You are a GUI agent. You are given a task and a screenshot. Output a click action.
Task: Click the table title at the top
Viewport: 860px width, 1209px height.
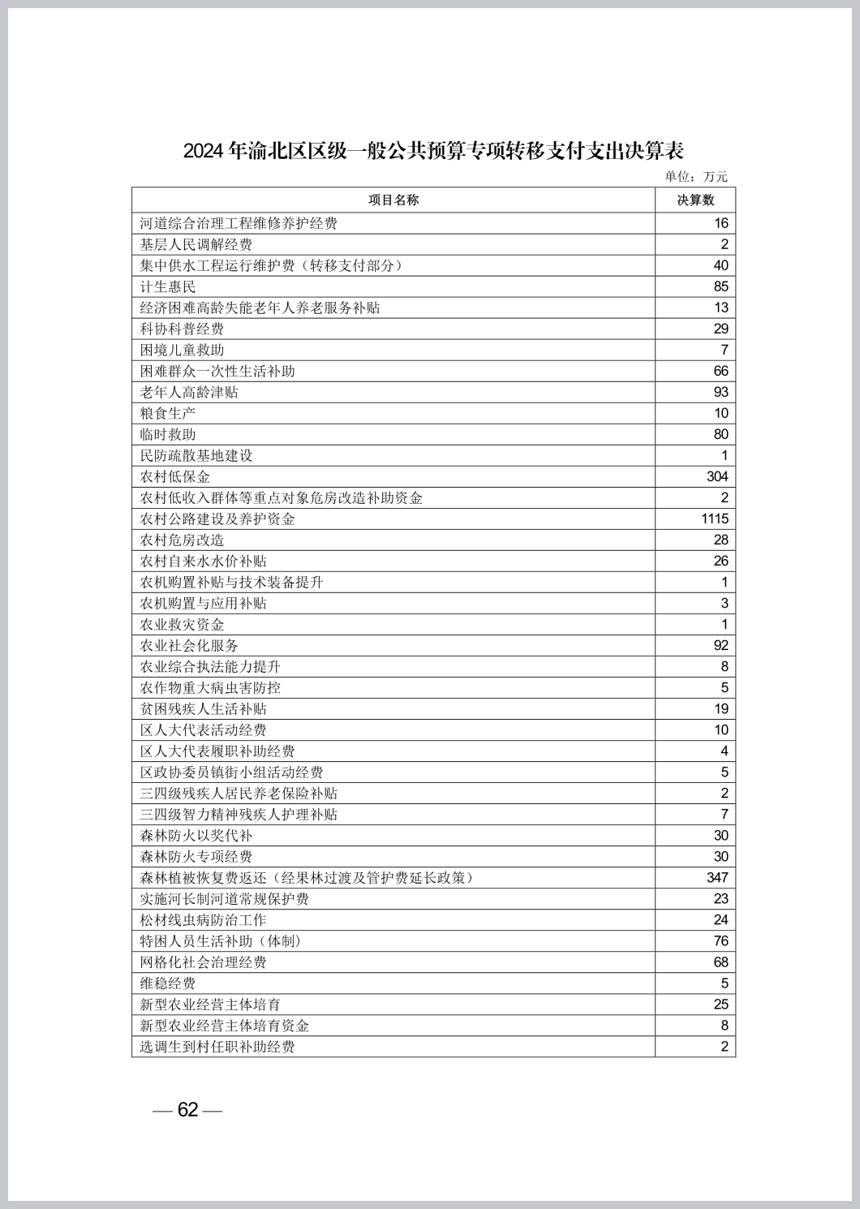click(x=433, y=151)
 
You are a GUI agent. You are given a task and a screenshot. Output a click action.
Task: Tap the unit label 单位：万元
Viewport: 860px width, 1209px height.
click(x=696, y=177)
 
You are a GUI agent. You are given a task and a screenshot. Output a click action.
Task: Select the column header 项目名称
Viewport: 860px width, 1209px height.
click(x=393, y=200)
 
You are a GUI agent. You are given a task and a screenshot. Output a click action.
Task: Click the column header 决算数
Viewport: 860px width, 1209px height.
click(x=695, y=200)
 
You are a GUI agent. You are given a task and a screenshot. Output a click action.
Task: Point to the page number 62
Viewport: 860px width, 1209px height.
click(x=187, y=1110)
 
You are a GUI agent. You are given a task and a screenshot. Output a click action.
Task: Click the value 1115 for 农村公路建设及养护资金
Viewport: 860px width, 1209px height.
click(x=715, y=519)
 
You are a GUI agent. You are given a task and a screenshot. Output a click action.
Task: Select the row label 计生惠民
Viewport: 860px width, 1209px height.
click(x=168, y=287)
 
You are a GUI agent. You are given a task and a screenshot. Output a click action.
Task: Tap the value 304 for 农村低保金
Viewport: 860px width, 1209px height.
click(x=717, y=477)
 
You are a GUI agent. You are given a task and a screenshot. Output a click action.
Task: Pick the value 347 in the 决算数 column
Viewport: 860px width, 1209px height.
click(x=717, y=878)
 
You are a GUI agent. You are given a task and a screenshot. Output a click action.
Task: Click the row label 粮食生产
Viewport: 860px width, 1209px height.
click(x=168, y=414)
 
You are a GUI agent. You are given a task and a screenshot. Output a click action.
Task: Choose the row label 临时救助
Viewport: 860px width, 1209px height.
click(x=168, y=435)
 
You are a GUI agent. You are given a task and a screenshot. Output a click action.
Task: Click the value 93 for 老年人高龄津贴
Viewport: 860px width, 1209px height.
click(x=720, y=393)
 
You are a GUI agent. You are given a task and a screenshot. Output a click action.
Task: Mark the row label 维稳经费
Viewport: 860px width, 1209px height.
click(x=168, y=983)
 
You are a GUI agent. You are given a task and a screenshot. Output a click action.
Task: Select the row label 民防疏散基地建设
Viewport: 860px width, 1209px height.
click(x=196, y=456)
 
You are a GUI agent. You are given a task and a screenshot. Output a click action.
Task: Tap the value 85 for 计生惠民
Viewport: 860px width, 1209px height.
click(x=720, y=287)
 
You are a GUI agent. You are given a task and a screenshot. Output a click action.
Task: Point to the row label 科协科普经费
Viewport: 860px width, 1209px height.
click(x=182, y=329)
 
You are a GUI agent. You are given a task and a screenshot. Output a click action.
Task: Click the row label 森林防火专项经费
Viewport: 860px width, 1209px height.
click(x=196, y=857)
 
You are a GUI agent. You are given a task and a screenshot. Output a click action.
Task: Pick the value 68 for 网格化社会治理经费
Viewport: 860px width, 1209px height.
click(x=720, y=962)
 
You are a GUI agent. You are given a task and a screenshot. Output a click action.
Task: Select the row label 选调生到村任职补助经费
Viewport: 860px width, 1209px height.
click(x=217, y=1047)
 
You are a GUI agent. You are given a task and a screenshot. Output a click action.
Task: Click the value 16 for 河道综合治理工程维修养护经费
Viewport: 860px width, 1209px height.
click(x=720, y=224)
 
